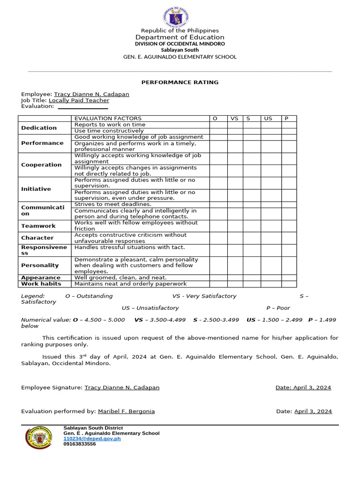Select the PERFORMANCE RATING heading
pyautogui.click(x=180, y=82)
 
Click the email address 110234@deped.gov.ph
pyautogui.click(x=92, y=439)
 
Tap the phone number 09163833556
pyautogui.click(x=80, y=444)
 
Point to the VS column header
pyautogui.click(x=234, y=119)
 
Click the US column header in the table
pyautogui.click(x=268, y=119)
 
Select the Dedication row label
pyautogui.click(x=39, y=128)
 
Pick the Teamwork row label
pyautogui.click(x=38, y=226)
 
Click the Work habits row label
pyautogui.click(x=41, y=284)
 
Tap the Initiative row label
pyautogui.click(x=36, y=189)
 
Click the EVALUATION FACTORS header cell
pyautogui.click(x=108, y=119)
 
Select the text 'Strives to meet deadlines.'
pyautogui.click(x=113, y=204)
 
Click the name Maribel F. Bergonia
pyautogui.click(x=126, y=411)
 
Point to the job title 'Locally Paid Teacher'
pyautogui.click(x=79, y=100)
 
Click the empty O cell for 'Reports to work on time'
pyautogui.click(x=218, y=125)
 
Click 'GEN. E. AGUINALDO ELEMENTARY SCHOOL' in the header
pyautogui.click(x=180, y=57)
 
